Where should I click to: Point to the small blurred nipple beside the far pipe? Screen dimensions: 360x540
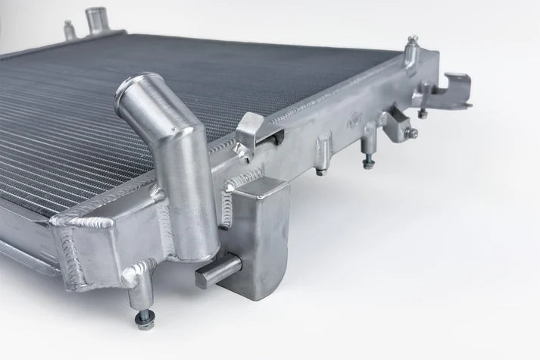(x=67, y=28)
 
